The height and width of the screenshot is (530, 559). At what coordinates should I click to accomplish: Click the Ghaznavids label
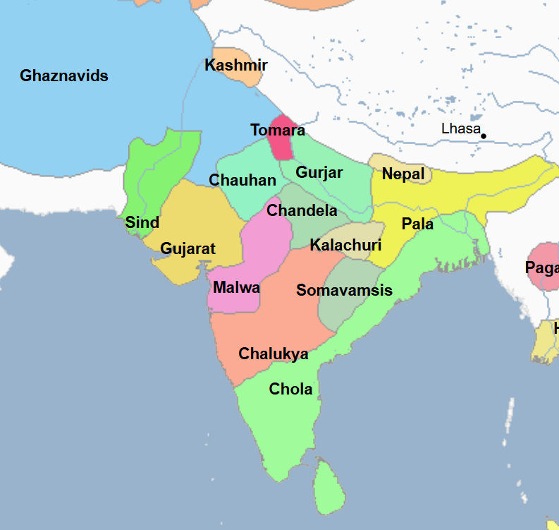click(x=64, y=76)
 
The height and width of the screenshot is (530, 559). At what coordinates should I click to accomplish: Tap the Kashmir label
click(x=235, y=66)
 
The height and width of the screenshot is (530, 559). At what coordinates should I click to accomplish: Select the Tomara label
click(x=278, y=131)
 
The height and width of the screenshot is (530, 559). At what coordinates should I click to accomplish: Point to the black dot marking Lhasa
click(x=484, y=135)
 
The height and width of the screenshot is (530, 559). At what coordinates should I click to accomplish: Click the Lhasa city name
click(x=460, y=129)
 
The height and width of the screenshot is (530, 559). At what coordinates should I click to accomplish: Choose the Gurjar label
click(x=319, y=173)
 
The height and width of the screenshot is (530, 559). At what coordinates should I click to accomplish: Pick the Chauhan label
click(x=242, y=181)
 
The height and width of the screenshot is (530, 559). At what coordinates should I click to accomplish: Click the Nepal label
click(x=403, y=174)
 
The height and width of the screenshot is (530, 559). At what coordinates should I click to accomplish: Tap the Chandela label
click(x=302, y=210)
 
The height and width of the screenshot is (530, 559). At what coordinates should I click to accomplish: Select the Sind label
click(x=142, y=223)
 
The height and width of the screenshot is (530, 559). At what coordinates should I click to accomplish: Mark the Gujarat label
click(x=188, y=249)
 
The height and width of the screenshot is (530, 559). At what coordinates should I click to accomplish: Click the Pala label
click(x=417, y=224)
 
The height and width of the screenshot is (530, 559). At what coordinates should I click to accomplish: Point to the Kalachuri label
click(x=345, y=246)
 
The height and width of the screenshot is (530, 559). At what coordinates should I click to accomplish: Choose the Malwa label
click(x=236, y=288)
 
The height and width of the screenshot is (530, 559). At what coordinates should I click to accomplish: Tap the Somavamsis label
click(x=344, y=291)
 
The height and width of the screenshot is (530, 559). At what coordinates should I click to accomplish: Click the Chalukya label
click(x=274, y=354)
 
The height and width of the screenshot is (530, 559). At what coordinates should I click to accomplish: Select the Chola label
click(x=290, y=389)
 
